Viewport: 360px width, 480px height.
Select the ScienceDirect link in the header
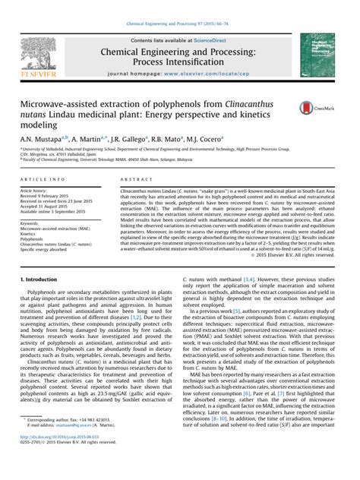coord(215,39)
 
